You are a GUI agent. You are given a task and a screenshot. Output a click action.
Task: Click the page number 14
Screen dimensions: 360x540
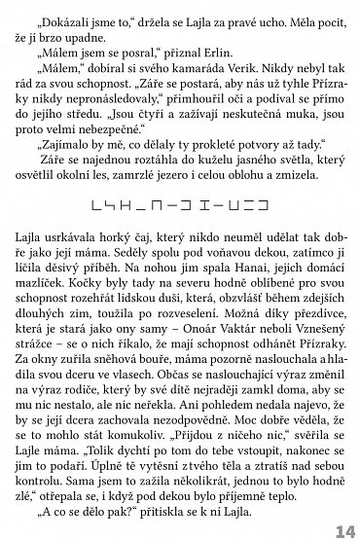(x=342, y=529)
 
